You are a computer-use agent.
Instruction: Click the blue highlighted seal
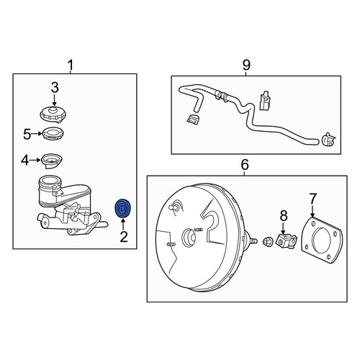(122, 208)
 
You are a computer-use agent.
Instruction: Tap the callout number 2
(124, 237)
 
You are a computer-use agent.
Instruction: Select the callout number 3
(55, 88)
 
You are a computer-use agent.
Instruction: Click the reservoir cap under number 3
(53, 114)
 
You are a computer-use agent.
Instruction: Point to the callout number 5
(27, 134)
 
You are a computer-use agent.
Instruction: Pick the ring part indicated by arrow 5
(53, 134)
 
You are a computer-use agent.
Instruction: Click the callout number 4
(25, 161)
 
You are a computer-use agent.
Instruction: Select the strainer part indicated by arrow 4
(52, 161)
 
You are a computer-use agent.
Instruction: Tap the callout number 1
(71, 66)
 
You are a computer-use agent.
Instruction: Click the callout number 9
(246, 65)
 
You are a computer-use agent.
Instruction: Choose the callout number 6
(244, 165)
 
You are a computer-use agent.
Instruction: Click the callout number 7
(312, 199)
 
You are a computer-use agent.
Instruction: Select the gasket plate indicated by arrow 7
(322, 240)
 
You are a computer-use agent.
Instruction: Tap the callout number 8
(284, 216)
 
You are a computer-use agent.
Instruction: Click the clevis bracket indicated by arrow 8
(286, 241)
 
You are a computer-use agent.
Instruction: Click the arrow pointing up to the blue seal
(122, 224)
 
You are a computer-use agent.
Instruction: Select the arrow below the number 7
(312, 211)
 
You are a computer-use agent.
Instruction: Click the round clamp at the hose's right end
(328, 139)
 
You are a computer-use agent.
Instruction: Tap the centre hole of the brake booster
(189, 238)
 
